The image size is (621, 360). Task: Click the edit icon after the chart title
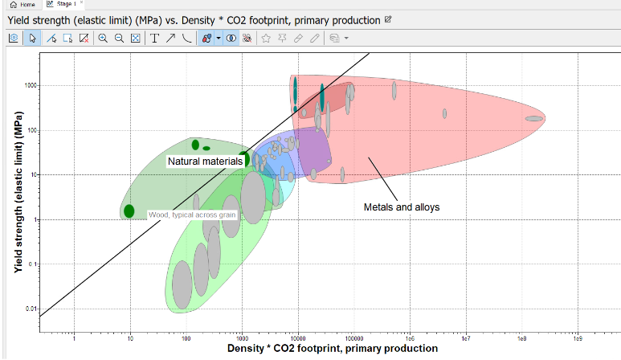click(x=389, y=18)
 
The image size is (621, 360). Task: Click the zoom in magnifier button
click(x=103, y=38)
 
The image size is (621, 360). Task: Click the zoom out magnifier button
click(x=119, y=38)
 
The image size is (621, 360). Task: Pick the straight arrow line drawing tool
click(x=170, y=38)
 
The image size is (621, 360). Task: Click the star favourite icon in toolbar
click(x=266, y=38)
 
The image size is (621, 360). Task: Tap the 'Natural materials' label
click(x=204, y=162)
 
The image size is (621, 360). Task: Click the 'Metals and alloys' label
click(x=402, y=207)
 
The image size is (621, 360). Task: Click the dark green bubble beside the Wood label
click(x=129, y=211)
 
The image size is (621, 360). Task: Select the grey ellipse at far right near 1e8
click(x=533, y=119)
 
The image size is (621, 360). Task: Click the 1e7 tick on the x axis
click(x=465, y=337)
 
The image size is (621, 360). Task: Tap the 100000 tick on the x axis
click(x=353, y=337)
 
